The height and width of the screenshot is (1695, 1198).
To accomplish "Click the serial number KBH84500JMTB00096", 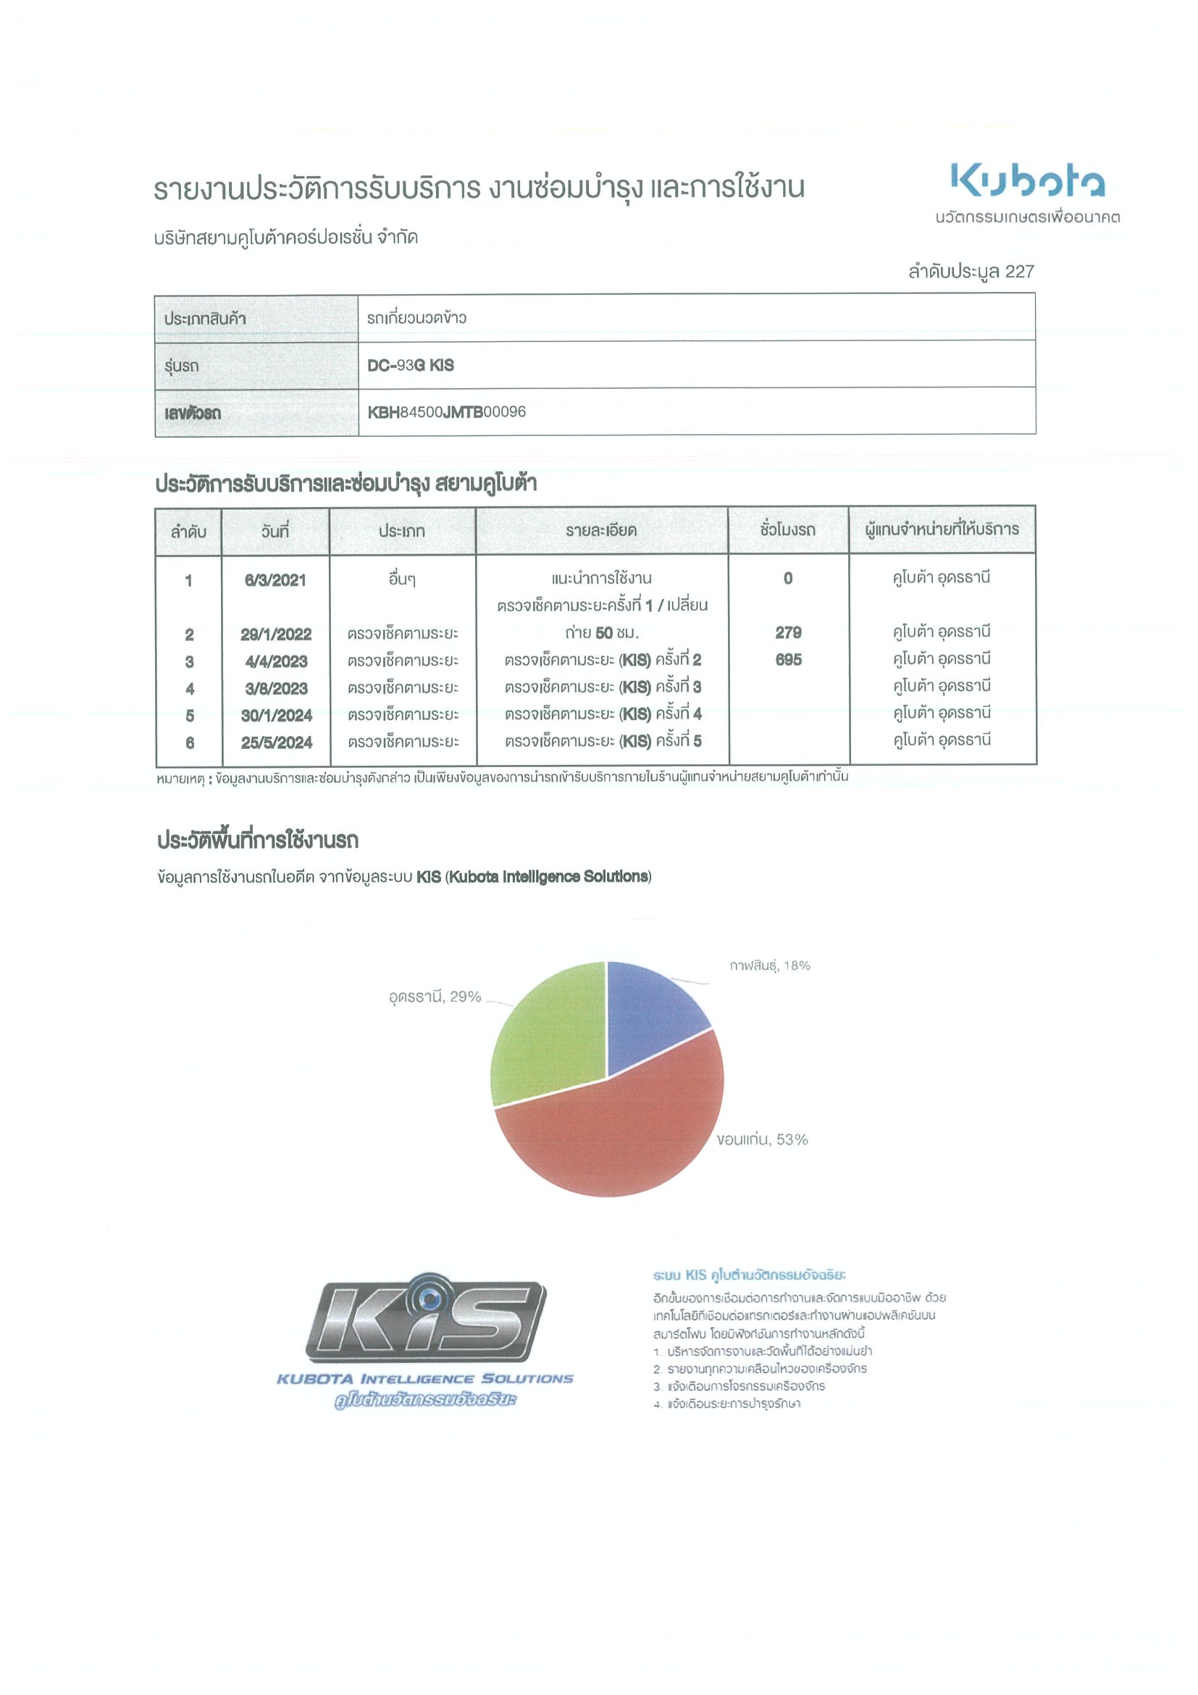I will coord(447,412).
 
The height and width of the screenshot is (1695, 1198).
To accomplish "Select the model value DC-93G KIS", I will coord(411,365).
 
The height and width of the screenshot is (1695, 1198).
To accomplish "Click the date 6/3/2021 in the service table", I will coord(275,580).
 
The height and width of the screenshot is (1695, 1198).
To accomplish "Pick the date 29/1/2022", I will coord(276,634).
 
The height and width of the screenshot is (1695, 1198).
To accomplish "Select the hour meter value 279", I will coord(788,632).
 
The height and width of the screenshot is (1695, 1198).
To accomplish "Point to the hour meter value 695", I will coord(788,660).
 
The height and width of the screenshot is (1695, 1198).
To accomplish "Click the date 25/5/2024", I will coord(277,742).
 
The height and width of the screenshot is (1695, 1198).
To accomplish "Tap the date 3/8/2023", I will coord(276,689).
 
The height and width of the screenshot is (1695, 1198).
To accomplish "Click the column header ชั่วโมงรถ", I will coord(787,530).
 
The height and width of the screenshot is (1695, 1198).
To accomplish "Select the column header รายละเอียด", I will coord(601,531).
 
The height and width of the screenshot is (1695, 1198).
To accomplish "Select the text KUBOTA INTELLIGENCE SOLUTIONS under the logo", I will coord(425,1378).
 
